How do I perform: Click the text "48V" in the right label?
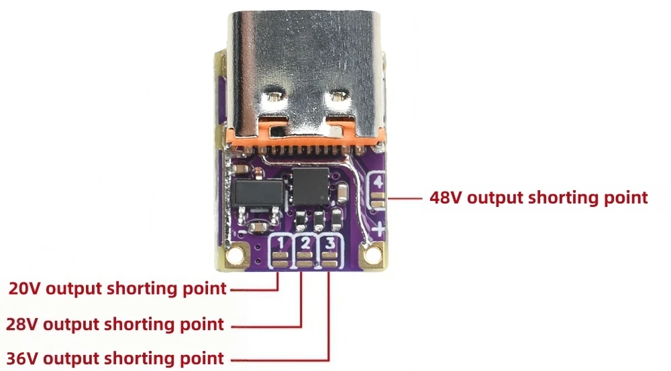(446, 198)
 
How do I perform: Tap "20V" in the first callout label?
(25, 289)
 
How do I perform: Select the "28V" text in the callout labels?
(23, 325)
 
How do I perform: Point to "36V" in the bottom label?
(23, 359)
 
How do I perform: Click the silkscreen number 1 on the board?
(280, 244)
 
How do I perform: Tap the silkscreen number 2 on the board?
(305, 243)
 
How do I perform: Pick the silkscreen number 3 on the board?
(330, 243)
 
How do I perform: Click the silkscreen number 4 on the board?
(378, 182)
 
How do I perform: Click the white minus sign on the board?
(242, 232)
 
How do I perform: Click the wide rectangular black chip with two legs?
(258, 193)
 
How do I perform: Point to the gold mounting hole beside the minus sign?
(234, 255)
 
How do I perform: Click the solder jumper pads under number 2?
(305, 260)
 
